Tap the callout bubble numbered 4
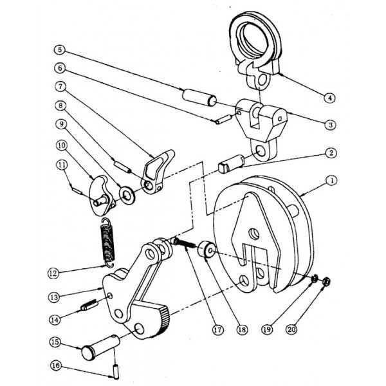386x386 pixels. [329, 98]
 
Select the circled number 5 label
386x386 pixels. [59, 49]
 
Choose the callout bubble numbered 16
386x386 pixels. [57, 366]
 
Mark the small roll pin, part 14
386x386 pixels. [88, 305]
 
